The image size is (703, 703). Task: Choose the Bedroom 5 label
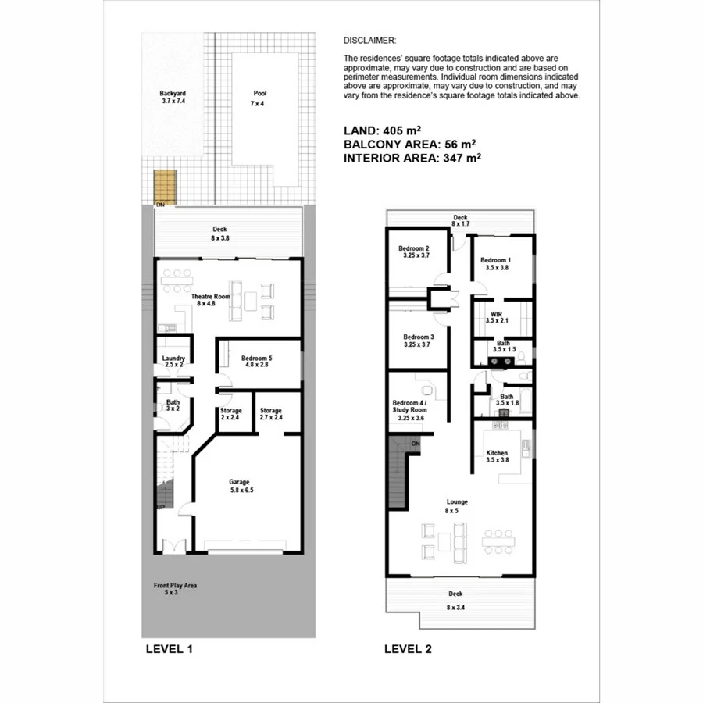click(x=258, y=359)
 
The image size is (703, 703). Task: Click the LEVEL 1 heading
click(x=169, y=648)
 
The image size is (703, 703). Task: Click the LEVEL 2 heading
click(x=408, y=648)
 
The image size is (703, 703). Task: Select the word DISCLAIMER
click(x=369, y=40)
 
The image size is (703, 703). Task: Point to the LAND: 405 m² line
click(x=382, y=130)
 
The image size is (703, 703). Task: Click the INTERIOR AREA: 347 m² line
click(x=412, y=157)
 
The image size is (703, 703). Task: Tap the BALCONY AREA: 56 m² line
click(x=409, y=144)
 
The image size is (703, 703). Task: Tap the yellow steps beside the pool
click(x=164, y=186)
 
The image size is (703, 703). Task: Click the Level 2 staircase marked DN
click(x=399, y=473)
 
